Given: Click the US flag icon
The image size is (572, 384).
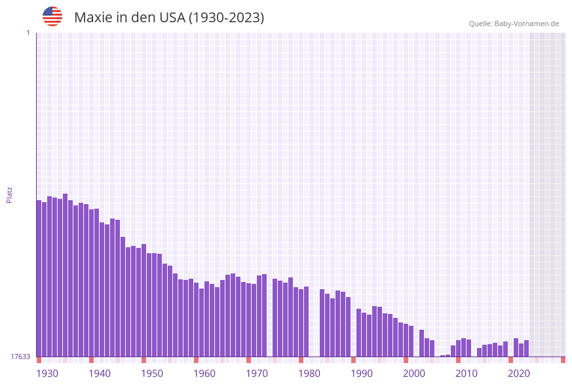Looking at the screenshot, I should pos(52,16).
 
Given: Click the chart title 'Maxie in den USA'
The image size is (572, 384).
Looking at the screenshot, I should pos(169,18).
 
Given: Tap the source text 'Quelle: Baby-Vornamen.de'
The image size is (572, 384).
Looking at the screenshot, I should pos(514,24).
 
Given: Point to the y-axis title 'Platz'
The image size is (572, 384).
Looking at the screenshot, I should pos(10,194).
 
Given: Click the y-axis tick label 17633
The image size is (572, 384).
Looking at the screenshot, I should pos(21,357).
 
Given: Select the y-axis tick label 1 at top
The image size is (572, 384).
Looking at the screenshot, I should pos(28,33).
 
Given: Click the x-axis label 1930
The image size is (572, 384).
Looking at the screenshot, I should pos(47,374).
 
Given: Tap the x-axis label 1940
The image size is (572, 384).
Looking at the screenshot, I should pos(100,374).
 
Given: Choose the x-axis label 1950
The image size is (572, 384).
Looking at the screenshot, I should pos(152,374).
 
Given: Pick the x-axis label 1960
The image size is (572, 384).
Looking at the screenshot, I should pos(204,374).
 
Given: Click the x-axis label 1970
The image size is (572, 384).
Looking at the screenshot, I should pos(257,374).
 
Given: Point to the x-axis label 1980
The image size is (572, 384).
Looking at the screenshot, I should pos(309,374).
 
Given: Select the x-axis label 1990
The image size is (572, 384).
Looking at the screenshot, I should pos(362,374).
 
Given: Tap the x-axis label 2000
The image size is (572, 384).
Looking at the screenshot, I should pos(414,374).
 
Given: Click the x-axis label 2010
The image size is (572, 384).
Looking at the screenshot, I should pos(467,374).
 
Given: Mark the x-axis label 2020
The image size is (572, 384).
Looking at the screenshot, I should pos(519,374).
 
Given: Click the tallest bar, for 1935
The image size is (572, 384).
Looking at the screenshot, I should pos(65,275).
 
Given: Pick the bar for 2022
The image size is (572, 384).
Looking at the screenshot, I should pos(526,349).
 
